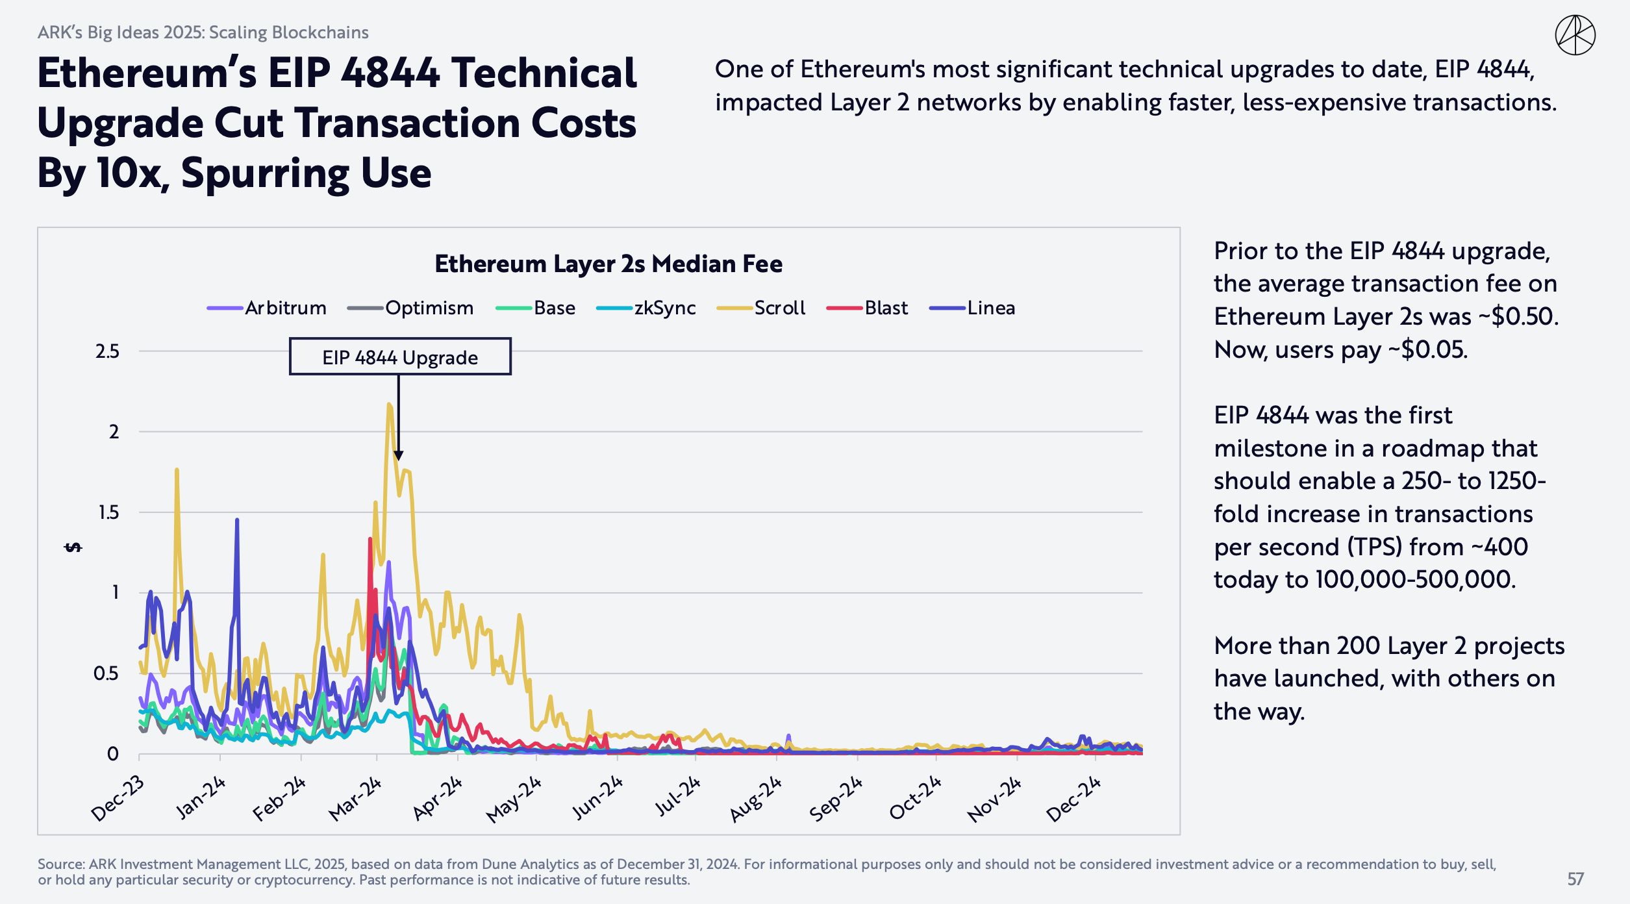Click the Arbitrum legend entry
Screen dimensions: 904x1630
tap(268, 308)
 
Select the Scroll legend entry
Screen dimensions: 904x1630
tap(761, 308)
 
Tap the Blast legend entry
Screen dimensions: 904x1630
tap(868, 308)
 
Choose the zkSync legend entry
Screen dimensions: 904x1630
tap(647, 308)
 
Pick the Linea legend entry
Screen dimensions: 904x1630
tap(973, 308)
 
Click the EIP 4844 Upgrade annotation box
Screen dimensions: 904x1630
tap(400, 357)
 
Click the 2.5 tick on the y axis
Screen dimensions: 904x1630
tap(107, 351)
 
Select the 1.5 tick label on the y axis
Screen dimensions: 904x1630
tap(108, 512)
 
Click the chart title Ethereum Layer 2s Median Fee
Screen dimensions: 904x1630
tap(608, 264)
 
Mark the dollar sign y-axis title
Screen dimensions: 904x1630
tap(73, 547)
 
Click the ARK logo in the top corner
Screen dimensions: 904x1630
tap(1575, 35)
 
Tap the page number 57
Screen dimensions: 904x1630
tap(1575, 879)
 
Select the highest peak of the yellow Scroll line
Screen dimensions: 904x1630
tap(389, 404)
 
